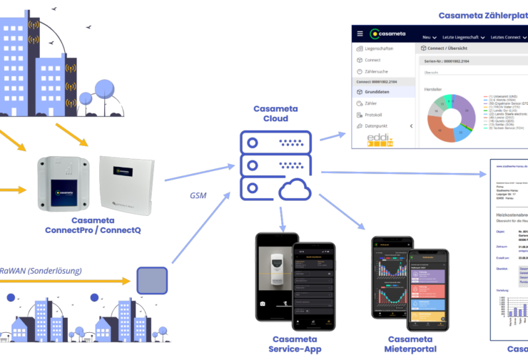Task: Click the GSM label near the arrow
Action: coord(198,195)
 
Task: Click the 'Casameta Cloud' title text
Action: coord(271,113)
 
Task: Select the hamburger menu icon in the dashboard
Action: coord(360,34)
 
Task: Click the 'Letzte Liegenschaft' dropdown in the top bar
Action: coord(464,36)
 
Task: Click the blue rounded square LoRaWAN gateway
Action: coord(151,280)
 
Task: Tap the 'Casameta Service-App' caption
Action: coord(295,344)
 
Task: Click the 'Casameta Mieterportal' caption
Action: coord(410,344)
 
